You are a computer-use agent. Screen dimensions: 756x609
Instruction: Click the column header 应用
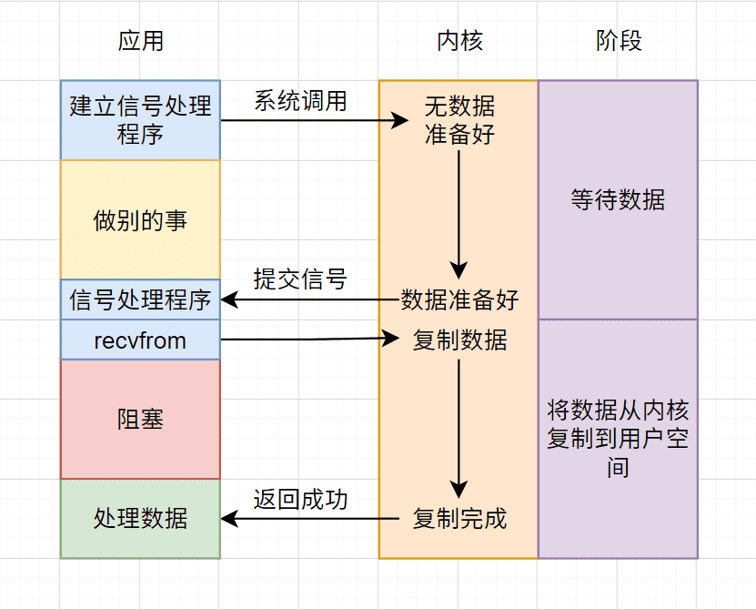tap(141, 41)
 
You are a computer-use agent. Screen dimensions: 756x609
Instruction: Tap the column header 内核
tap(459, 41)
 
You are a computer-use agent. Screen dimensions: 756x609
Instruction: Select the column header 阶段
tap(619, 41)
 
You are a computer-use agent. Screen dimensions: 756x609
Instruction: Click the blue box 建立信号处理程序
tap(140, 119)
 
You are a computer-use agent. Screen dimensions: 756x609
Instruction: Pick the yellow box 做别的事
tap(140, 219)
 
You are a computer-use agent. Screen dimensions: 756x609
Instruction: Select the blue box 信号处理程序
tap(140, 299)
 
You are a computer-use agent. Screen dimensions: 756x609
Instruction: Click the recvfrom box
tap(140, 340)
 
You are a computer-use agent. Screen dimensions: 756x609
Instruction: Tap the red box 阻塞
tap(140, 419)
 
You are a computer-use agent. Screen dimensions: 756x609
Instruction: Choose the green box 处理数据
tap(140, 519)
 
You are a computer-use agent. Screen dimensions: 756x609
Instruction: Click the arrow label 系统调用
tap(300, 101)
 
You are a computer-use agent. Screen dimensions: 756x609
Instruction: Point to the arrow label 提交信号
tap(300, 279)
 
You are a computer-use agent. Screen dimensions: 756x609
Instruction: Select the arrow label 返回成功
tap(300, 500)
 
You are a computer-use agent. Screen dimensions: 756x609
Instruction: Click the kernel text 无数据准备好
tap(459, 120)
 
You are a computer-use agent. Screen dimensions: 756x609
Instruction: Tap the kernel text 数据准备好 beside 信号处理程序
tap(459, 299)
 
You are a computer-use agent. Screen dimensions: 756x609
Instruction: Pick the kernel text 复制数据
tap(459, 340)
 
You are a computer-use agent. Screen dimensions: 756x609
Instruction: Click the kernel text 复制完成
tap(459, 519)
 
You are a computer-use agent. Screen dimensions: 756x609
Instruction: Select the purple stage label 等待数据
tap(618, 199)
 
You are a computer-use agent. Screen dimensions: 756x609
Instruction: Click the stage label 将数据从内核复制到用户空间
tap(618, 439)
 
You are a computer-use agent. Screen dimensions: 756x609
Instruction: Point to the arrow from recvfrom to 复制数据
tap(309, 340)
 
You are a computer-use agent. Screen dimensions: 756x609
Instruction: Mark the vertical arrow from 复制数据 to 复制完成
tap(459, 429)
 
